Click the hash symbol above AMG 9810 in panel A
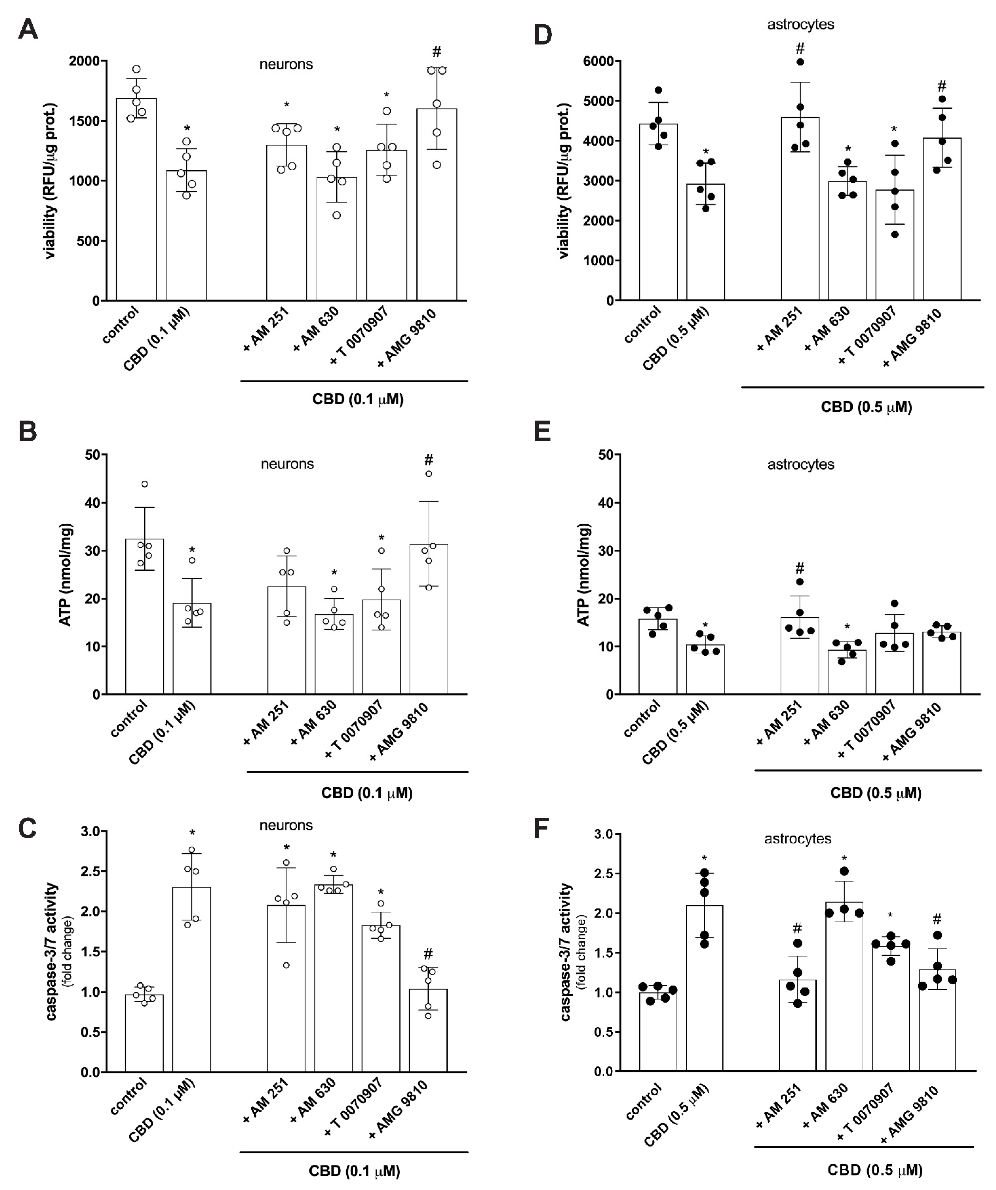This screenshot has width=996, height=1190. [437, 52]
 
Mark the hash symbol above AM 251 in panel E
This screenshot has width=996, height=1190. [799, 568]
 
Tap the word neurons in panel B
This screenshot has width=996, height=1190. [287, 464]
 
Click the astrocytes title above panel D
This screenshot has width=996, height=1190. [800, 24]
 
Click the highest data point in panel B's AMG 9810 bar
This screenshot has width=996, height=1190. [429, 474]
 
